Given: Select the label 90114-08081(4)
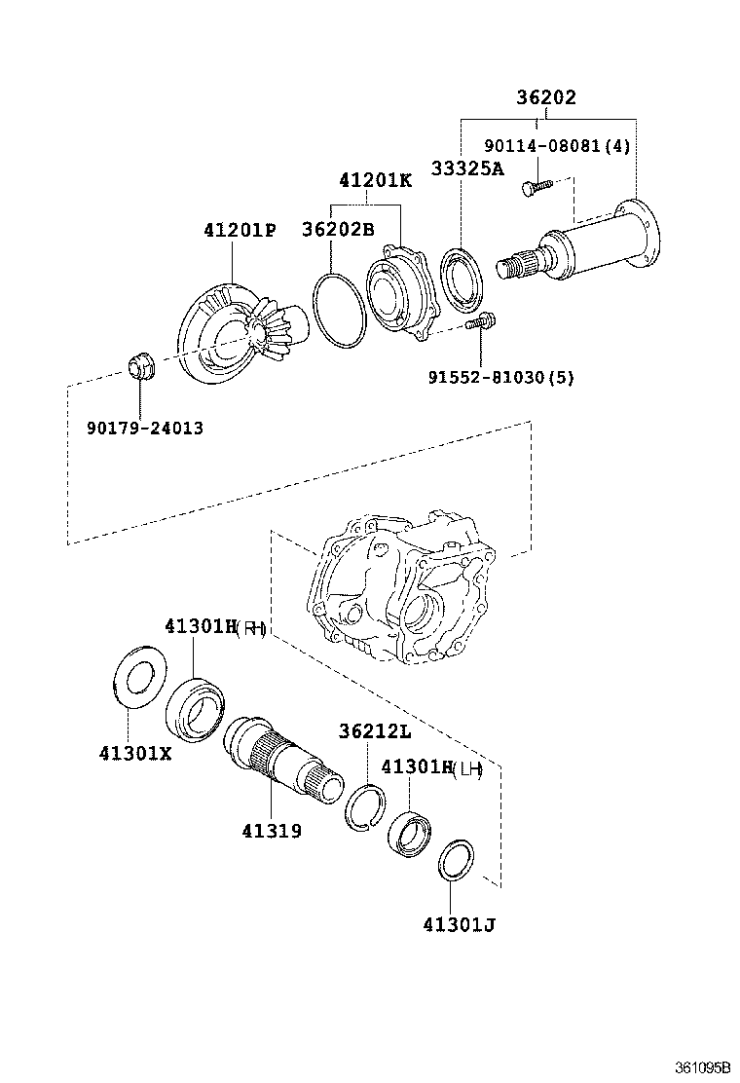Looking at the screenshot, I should (x=557, y=147).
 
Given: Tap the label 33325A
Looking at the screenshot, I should (x=467, y=168).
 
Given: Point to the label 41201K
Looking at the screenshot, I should (x=376, y=181).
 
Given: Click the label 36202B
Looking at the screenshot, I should (x=338, y=230).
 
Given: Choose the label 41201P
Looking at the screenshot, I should (x=240, y=231).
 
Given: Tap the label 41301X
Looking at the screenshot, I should (x=134, y=753).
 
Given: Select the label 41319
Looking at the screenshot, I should (x=272, y=831).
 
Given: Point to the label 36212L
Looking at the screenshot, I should (x=375, y=731).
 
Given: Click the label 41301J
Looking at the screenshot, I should (x=459, y=924).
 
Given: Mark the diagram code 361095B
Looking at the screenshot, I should (x=703, y=1068).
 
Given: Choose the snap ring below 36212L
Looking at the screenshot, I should (x=366, y=807).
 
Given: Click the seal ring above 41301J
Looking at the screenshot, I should (x=454, y=858).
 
